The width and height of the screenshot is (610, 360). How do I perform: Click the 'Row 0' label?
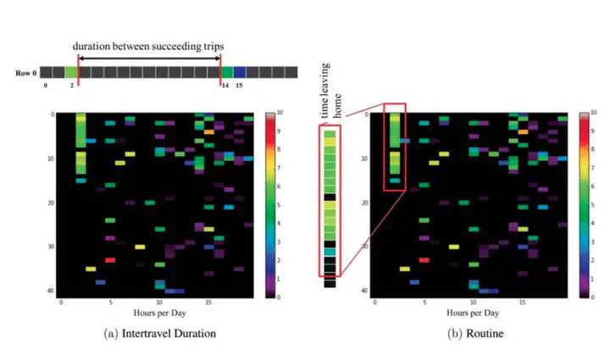coord(25,73)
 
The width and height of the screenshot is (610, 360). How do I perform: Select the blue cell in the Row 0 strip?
coord(240,73)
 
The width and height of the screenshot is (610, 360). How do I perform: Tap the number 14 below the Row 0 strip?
coord(225,86)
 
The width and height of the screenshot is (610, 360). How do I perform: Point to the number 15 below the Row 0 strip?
coord(240,86)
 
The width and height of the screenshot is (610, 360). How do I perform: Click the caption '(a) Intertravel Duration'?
coord(158,334)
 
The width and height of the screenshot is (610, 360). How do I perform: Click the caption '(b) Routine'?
coord(476,334)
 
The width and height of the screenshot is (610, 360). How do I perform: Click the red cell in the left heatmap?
coord(110,260)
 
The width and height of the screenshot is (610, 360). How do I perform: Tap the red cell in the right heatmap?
coord(424,260)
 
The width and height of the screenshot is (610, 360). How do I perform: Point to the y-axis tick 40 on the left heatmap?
coord(53,291)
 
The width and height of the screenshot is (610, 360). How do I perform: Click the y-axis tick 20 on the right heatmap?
coord(366,202)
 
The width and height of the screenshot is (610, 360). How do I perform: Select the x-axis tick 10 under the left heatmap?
coord(158,302)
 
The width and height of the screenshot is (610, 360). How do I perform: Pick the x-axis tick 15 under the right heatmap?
coord(522,302)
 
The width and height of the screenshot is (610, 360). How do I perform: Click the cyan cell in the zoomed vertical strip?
coord(330,252)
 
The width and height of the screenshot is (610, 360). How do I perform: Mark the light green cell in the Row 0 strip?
coord(70,73)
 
